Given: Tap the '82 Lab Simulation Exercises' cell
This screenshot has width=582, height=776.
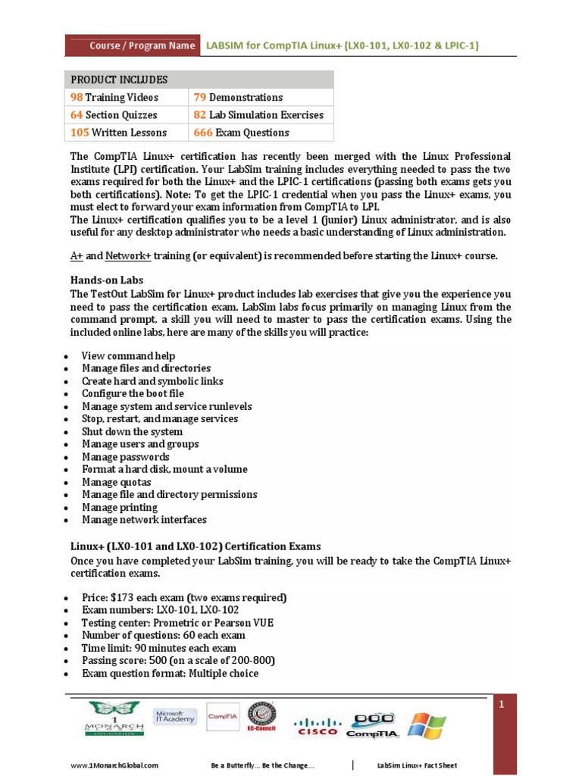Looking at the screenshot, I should tap(258, 115).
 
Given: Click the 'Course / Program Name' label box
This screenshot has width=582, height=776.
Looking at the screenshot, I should tap(133, 45).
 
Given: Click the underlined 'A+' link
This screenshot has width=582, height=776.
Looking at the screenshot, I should tap(77, 255).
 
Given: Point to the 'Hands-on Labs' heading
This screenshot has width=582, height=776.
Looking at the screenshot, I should tap(107, 280).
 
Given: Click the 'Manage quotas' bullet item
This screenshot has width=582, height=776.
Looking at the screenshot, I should tap(117, 482).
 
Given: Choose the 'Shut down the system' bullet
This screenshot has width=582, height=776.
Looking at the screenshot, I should tap(132, 432).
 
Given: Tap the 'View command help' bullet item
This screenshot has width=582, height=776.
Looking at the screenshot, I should tap(128, 356).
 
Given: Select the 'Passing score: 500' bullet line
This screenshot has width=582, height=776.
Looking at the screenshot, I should tap(178, 661).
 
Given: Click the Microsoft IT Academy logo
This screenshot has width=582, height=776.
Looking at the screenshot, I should tap(175, 717).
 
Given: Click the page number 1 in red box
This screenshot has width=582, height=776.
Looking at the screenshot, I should tap(501, 706).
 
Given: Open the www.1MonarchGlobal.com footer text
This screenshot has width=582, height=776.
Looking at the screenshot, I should tap(114, 766).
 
